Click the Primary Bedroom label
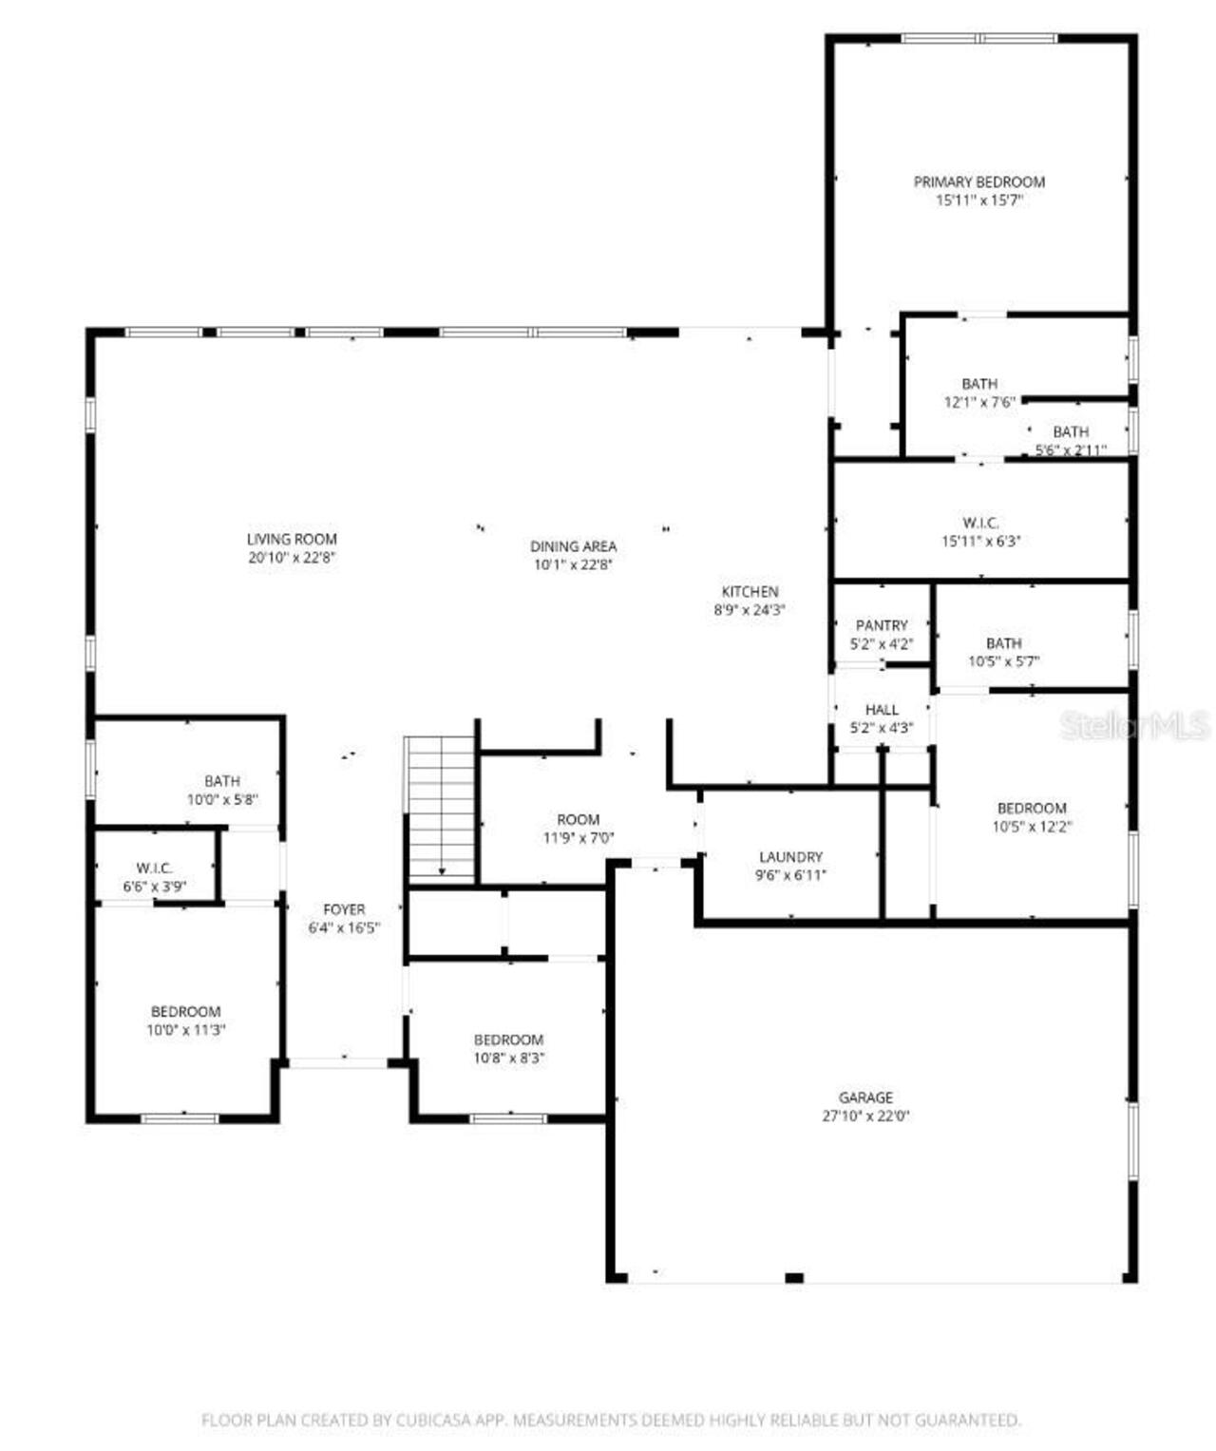[x=978, y=181]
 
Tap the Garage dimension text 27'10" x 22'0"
[x=865, y=1117]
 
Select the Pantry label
[x=882, y=625]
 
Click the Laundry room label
[x=790, y=857]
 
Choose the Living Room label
[x=292, y=539]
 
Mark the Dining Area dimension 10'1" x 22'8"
[x=573, y=564]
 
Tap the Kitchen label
[x=750, y=592]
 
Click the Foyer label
[x=344, y=909]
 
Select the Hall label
[x=882, y=710]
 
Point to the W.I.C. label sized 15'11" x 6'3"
[x=980, y=523]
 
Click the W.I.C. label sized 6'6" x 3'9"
[x=154, y=869]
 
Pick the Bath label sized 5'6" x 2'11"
[x=1071, y=432]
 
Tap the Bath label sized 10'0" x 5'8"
[x=222, y=782]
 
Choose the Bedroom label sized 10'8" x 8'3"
[x=508, y=1040]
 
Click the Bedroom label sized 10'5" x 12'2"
[x=1032, y=809]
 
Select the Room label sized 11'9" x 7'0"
[x=578, y=819]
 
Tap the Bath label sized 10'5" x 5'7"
[x=1003, y=643]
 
